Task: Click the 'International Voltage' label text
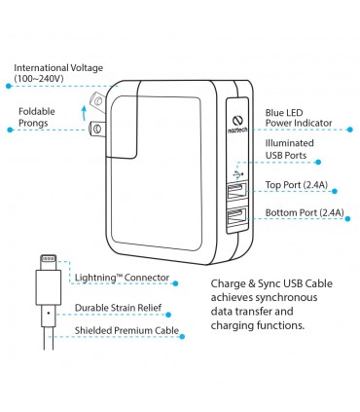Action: [x=58, y=68]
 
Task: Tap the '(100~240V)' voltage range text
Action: [x=39, y=78]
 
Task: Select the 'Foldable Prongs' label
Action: [x=37, y=117]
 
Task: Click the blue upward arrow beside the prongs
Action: [x=84, y=113]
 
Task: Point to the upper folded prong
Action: [x=97, y=100]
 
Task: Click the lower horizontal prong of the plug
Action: [x=96, y=129]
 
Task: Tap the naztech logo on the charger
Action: [x=237, y=125]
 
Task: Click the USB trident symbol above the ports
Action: [x=237, y=174]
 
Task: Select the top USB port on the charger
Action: [x=236, y=191]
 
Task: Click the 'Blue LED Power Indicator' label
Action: [x=299, y=118]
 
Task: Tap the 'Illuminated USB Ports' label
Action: [x=290, y=149]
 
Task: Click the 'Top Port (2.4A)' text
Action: [x=297, y=185]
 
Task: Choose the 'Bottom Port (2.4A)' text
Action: [x=305, y=212]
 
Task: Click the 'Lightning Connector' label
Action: [x=122, y=278]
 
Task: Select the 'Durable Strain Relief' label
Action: [x=118, y=308]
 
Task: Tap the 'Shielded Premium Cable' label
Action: [x=126, y=330]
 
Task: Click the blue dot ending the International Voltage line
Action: [x=9, y=86]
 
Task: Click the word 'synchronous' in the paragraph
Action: [x=286, y=298]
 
